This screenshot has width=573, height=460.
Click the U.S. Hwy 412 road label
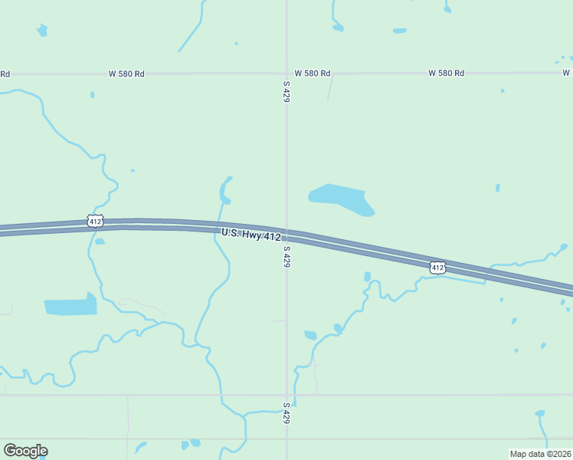250,235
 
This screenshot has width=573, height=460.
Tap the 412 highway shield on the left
95,221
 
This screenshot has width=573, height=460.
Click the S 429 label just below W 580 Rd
286,91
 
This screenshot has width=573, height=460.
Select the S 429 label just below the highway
286,256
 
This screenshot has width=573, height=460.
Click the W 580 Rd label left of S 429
126,74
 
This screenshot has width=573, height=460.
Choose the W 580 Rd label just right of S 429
313,74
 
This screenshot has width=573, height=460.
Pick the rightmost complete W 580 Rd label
446,74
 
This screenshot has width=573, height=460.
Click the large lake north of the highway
339,198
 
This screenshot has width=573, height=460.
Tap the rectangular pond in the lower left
70,307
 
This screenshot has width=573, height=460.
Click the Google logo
25,451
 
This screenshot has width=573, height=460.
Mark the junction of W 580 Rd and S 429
286,74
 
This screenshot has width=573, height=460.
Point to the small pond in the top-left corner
42,31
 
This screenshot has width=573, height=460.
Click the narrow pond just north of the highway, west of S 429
225,189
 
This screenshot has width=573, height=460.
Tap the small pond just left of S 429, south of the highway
310,335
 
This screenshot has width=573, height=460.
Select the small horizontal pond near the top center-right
400,31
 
